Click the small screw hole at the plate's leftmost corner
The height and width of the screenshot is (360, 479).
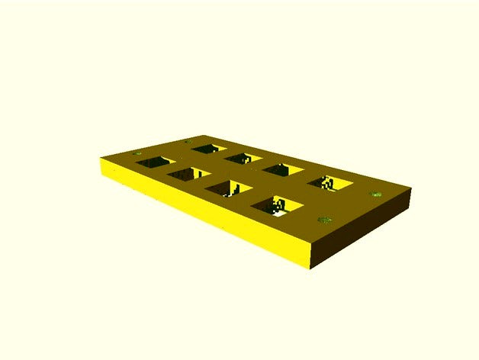pos(138,155)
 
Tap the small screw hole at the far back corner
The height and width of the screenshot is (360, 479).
pos(188,141)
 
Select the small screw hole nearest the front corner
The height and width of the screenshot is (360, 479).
pos(324,220)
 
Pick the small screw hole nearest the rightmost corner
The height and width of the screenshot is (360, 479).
pos(376,194)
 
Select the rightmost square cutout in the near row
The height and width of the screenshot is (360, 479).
pos(276,204)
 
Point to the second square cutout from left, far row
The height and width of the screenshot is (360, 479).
pos(244,159)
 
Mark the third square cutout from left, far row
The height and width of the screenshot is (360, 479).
pos(283,169)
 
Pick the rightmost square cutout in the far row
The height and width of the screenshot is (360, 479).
pos(330,182)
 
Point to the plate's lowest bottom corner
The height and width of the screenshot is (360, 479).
pos(310,268)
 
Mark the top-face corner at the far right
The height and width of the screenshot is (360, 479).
pos(410,189)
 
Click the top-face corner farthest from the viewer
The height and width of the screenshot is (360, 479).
pos(188,137)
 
